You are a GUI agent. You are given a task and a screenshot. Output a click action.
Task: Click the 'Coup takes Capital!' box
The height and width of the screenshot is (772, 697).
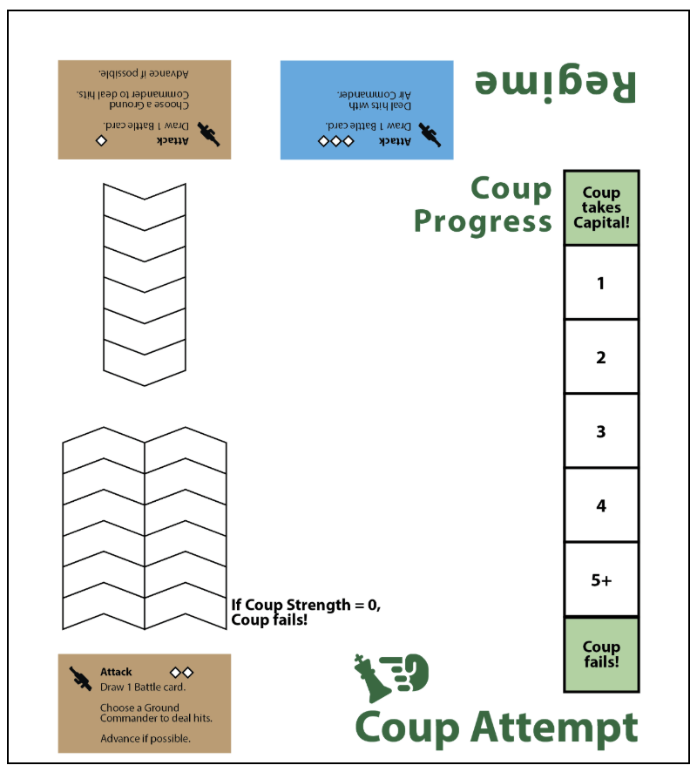(601, 207)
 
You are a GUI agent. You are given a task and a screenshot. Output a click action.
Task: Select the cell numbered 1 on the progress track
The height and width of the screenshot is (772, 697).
(601, 282)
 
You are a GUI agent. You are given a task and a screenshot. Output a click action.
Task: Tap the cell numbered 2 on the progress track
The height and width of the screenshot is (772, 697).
(601, 356)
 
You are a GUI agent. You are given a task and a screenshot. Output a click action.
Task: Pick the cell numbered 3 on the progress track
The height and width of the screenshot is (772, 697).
(601, 430)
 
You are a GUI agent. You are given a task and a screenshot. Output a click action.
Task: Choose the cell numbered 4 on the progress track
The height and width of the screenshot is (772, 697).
(601, 505)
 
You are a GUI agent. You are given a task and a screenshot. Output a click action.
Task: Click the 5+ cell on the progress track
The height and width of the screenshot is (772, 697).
(601, 579)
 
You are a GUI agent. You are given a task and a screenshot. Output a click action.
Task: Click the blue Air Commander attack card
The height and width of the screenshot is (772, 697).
(367, 110)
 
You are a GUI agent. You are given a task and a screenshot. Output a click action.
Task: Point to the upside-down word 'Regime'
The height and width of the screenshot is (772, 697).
(555, 85)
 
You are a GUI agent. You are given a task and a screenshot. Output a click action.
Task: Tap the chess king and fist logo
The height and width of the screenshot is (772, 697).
(391, 678)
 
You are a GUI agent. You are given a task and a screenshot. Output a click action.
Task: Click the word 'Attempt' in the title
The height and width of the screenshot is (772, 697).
(554, 728)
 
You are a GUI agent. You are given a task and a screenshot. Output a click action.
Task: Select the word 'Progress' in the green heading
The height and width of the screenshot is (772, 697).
(483, 222)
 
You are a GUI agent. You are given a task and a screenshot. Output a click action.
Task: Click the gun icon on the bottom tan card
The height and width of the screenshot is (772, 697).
(80, 679)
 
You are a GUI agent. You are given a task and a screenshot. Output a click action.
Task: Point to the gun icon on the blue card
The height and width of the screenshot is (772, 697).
(430, 135)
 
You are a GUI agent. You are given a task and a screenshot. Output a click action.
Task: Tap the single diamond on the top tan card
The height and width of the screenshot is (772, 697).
(101, 141)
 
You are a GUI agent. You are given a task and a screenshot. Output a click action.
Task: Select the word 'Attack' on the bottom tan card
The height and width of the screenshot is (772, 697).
(116, 672)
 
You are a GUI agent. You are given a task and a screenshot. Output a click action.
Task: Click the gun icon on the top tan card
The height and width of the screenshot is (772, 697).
(209, 134)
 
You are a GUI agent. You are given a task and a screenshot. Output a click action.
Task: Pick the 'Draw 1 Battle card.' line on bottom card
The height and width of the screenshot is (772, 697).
(143, 687)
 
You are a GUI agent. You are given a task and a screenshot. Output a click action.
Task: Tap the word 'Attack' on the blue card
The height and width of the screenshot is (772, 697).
(395, 141)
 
